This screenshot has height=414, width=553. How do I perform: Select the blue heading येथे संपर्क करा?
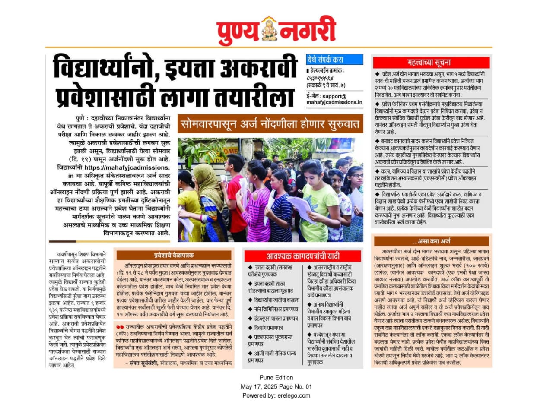tap(325, 60)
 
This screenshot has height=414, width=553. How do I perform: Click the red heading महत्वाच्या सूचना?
tap(429, 62)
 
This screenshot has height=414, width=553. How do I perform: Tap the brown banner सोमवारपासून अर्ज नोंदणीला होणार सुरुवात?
tap(270, 124)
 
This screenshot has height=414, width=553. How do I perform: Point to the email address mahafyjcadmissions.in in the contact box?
tap(334, 102)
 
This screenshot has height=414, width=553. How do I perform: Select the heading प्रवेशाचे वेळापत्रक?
tap(174, 255)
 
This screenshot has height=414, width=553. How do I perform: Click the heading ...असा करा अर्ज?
tap(431, 241)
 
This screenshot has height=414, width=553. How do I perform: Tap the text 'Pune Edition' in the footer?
tap(276, 378)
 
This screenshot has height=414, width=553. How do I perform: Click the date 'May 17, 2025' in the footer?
tap(258, 386)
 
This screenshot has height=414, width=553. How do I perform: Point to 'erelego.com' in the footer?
tap(294, 395)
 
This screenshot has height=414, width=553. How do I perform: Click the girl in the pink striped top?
tap(255, 207)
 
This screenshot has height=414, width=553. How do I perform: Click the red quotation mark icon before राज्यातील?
tap(120, 327)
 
